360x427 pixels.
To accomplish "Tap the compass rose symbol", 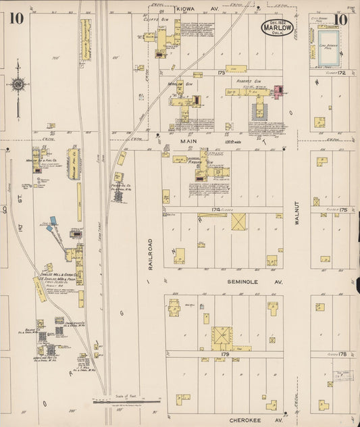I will (x=18, y=85).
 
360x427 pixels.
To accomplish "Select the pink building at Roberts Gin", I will (x=278, y=91).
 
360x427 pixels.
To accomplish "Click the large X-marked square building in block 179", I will (x=221, y=335).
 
